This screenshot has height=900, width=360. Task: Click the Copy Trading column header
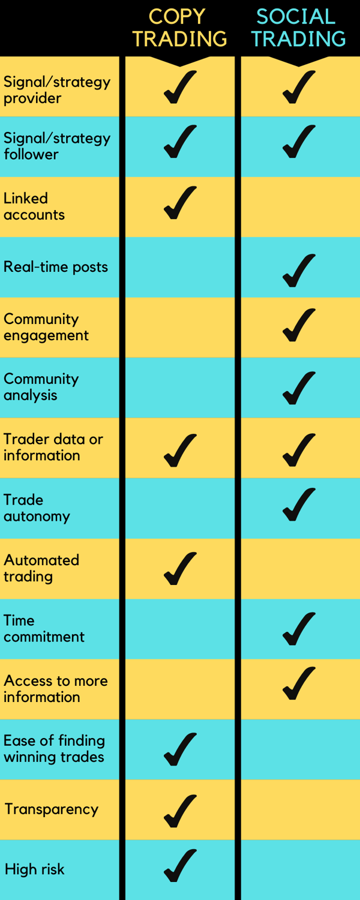point(179,28)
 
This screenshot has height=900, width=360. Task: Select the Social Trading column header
point(298,28)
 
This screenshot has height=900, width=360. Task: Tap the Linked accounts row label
point(34,206)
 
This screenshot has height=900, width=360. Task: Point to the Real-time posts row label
point(56,267)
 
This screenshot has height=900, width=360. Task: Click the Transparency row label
point(51,809)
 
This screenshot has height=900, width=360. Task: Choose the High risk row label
point(34,869)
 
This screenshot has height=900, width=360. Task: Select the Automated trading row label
point(41,568)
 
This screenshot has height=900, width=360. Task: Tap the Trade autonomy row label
point(37,508)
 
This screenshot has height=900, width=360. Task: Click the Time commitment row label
point(44,628)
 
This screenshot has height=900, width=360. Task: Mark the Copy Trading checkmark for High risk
point(179,866)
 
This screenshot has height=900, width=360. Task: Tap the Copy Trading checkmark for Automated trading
point(179,568)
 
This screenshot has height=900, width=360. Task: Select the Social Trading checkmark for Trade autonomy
point(298,505)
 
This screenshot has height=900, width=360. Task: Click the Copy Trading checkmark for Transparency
point(179,811)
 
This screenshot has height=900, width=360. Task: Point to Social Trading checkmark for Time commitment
point(298,629)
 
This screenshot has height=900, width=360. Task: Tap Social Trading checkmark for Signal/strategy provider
point(298,87)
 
